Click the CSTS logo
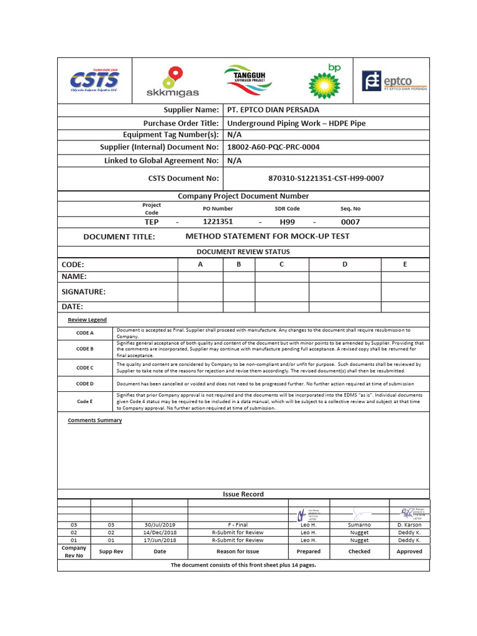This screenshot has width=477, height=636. (x=94, y=80)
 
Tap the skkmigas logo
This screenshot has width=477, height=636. (x=172, y=82)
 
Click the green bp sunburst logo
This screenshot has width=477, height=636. (x=325, y=81)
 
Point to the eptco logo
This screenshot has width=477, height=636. (x=394, y=81)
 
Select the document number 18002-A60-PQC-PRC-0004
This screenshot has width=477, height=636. (x=273, y=147)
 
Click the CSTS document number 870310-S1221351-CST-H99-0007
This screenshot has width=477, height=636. (x=325, y=178)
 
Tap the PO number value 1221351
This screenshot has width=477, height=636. (x=218, y=222)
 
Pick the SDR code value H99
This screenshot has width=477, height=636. (x=287, y=222)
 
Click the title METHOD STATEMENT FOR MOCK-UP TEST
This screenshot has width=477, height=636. (x=267, y=237)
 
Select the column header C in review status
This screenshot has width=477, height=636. (x=281, y=265)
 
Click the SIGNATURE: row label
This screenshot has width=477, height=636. (x=83, y=291)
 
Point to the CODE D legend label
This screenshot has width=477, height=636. (x=84, y=384)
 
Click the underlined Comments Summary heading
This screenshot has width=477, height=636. (x=94, y=420)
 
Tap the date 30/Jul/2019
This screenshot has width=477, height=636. (x=160, y=525)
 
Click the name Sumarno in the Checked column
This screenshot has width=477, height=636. (x=359, y=525)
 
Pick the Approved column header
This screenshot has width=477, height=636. (x=409, y=551)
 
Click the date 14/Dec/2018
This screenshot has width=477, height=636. (x=160, y=532)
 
